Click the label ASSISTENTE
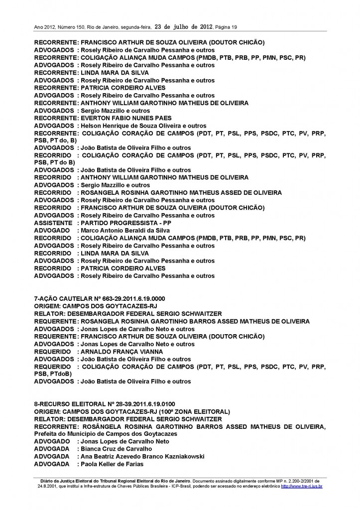[x=53, y=222]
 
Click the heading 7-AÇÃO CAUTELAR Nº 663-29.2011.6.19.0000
[x=100, y=298]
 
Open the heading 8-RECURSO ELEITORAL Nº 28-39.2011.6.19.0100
[x=104, y=403]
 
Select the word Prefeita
[x=45, y=434]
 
